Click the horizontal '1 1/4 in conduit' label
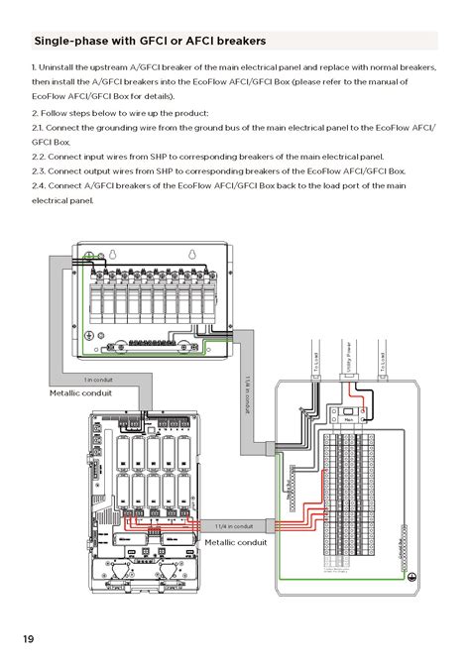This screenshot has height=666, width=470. click(x=234, y=526)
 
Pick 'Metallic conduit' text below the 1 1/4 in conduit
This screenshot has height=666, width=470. click(x=236, y=542)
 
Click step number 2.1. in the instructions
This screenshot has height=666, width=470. click(x=41, y=128)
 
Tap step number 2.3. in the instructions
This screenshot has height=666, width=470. click(x=41, y=170)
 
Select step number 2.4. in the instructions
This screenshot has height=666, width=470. click(x=41, y=185)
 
